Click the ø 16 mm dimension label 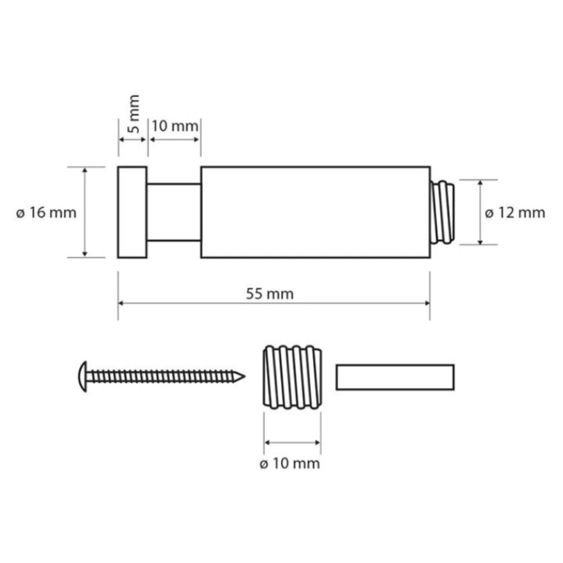pos(46,213)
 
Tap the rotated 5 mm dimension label pos(133,114)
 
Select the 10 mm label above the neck pos(175,126)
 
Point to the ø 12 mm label pos(515,213)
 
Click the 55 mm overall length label pos(270,294)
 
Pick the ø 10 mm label pos(290,463)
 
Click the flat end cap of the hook pos(132,212)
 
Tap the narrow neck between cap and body pos(174,212)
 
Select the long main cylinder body pos(316,212)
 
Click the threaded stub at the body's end pos(443,212)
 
